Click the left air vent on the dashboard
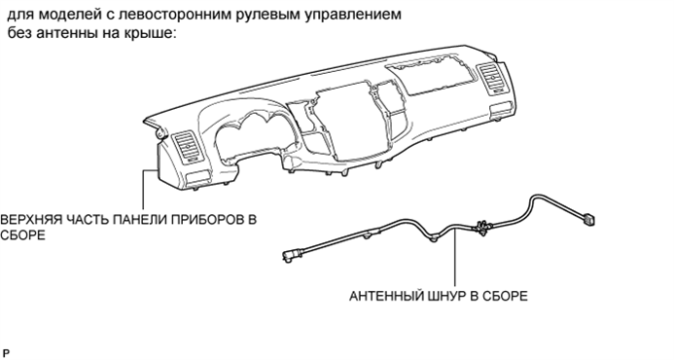[188, 153]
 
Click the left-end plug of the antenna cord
[289, 255]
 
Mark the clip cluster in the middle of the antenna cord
[479, 229]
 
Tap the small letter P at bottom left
[6, 347]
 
